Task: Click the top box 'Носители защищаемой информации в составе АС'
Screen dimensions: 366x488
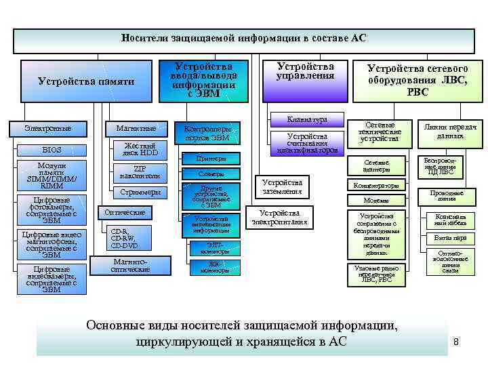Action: (x=244, y=39)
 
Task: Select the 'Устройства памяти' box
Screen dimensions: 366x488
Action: (x=86, y=81)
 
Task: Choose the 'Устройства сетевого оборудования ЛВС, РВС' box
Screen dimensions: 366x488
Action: (x=418, y=80)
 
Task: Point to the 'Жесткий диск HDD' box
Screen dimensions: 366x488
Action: (x=140, y=150)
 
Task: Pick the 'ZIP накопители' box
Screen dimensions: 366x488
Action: (x=140, y=172)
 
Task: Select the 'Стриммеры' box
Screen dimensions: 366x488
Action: (x=140, y=192)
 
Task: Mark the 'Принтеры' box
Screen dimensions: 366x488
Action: (x=210, y=158)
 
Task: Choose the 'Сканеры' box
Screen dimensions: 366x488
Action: (x=211, y=174)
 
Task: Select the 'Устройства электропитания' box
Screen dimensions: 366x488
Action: (x=279, y=217)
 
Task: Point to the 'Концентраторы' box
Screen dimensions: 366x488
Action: (x=377, y=185)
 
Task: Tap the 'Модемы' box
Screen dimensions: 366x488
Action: (x=377, y=200)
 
